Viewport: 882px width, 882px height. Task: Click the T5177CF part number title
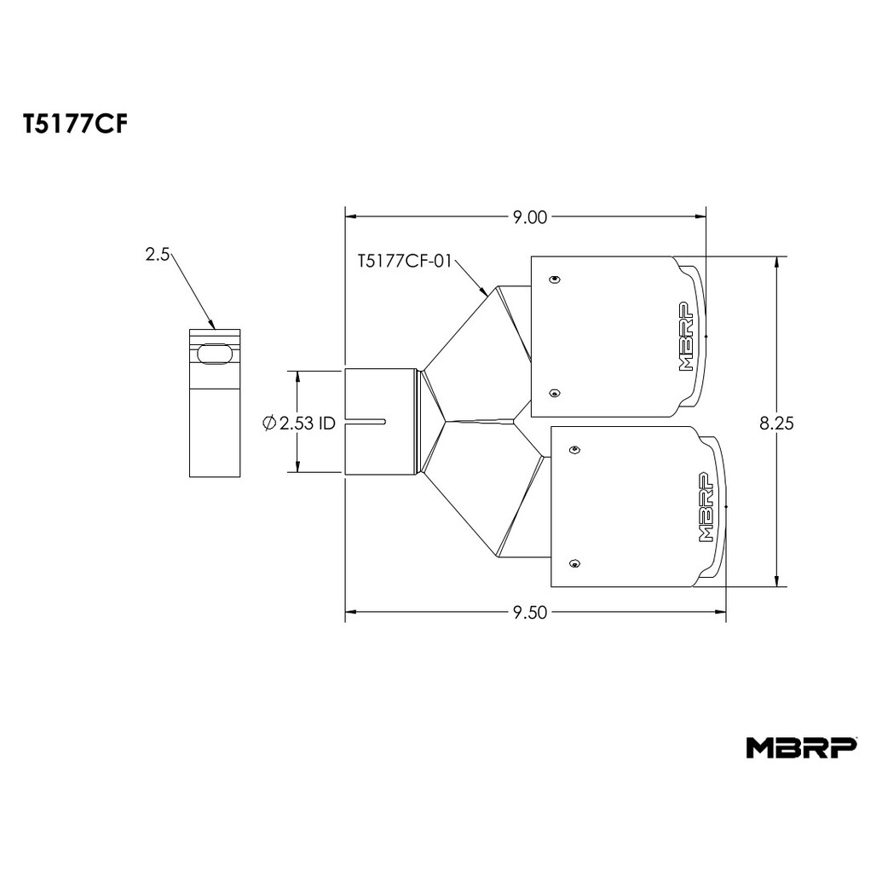tap(75, 125)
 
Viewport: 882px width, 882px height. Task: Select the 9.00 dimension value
tap(529, 217)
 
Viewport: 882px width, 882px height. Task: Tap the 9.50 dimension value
tap(529, 613)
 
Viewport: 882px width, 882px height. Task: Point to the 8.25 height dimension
tap(776, 423)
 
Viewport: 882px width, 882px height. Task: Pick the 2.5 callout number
tap(157, 255)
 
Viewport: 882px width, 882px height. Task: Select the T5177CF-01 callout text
tap(405, 262)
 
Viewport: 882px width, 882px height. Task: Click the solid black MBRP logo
tap(802, 747)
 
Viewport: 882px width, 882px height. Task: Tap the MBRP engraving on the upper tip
tap(686, 337)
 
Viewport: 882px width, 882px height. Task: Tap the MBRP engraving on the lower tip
tap(706, 507)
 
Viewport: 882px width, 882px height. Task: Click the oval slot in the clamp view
tap(214, 354)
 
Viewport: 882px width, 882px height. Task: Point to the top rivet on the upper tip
tap(555, 280)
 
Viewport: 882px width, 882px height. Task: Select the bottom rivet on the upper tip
tap(555, 393)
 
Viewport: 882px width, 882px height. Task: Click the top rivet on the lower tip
tap(574, 449)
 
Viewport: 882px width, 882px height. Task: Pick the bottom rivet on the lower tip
tap(574, 563)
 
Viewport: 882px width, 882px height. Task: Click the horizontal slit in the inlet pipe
tap(365, 421)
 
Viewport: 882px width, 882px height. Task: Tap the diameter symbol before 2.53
tap(269, 423)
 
